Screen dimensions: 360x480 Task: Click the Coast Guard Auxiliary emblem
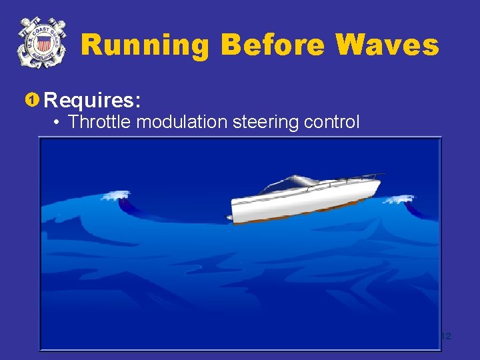point(43,43)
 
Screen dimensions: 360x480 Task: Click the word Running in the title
point(145,45)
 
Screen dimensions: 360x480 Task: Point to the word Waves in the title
point(387,45)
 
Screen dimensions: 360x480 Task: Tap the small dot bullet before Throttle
point(59,123)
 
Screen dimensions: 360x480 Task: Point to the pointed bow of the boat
point(379,178)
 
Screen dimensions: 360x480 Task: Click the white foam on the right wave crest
point(401,199)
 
